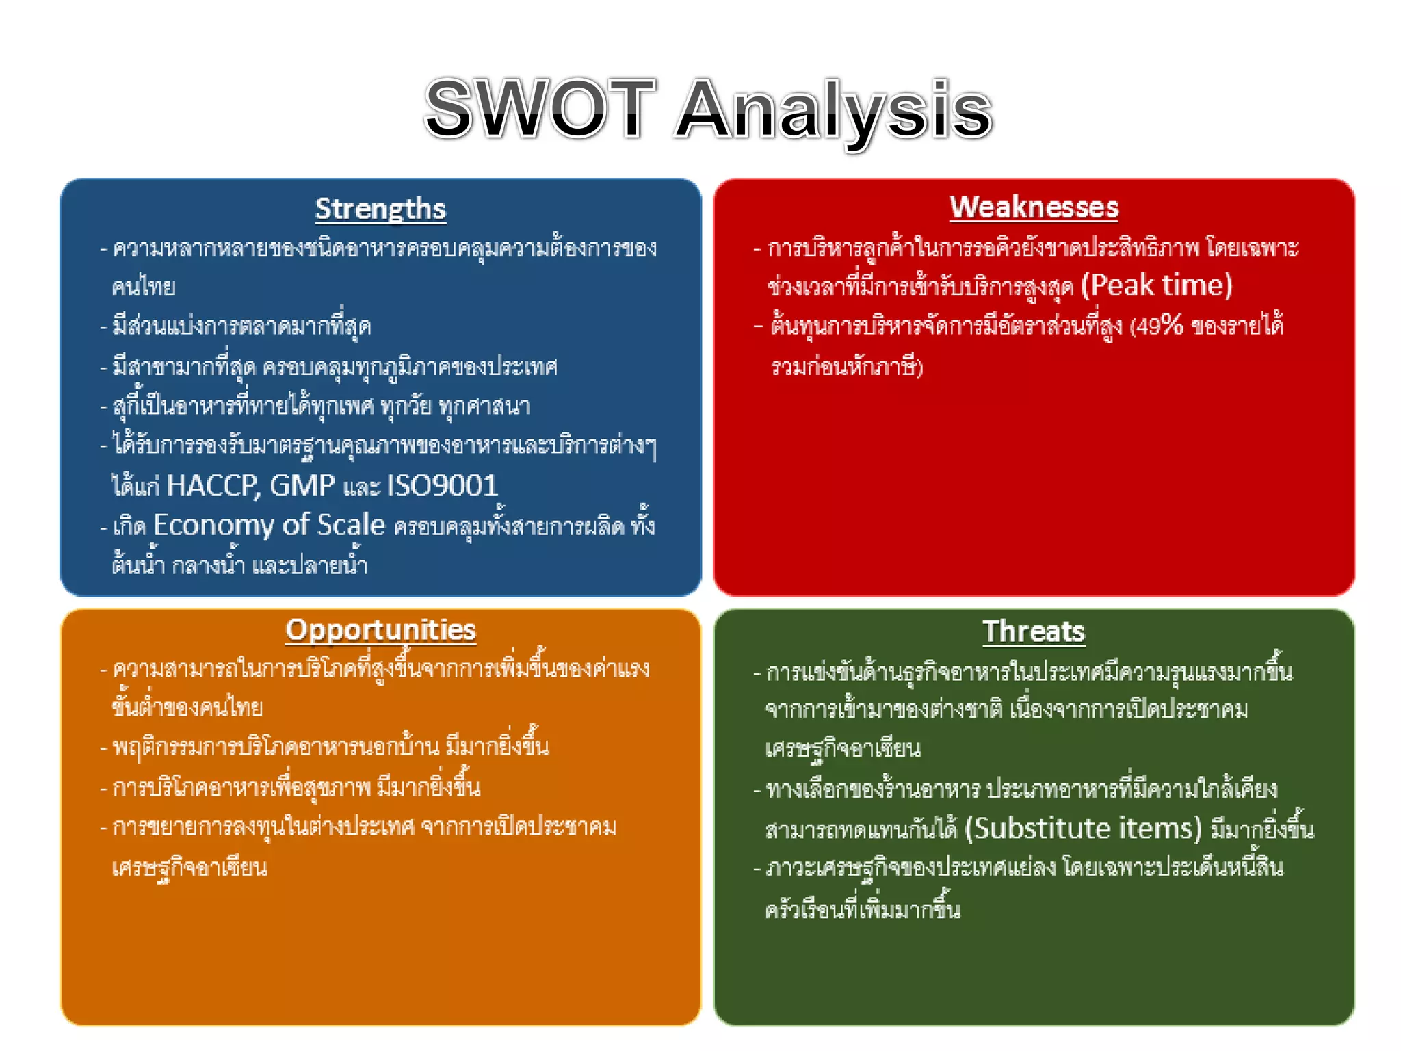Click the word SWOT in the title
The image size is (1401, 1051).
[540, 109]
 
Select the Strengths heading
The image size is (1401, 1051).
[380, 209]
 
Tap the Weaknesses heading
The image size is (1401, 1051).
[1034, 207]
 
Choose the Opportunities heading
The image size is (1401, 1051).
[380, 630]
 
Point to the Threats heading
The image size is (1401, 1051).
[1034, 632]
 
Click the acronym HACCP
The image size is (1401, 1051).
[212, 486]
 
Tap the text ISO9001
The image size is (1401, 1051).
[443, 486]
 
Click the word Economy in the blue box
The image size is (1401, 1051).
[213, 525]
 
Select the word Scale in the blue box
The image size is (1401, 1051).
[351, 525]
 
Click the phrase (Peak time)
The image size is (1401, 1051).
[1156, 285]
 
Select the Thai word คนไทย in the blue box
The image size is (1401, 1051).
[144, 286]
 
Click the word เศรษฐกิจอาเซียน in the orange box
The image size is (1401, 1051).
[189, 868]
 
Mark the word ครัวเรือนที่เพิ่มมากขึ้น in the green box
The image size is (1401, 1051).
[863, 909]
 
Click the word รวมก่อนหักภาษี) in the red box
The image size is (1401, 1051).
[847, 367]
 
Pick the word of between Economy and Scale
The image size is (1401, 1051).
[296, 525]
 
